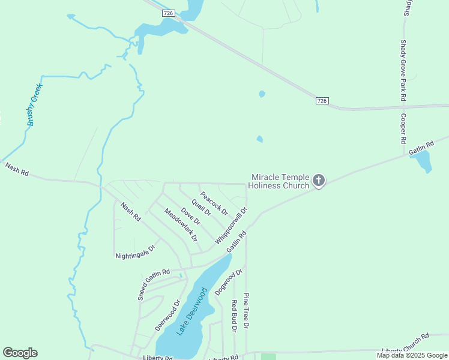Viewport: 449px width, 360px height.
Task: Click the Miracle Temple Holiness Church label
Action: [280, 181]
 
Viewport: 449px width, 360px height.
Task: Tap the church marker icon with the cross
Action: [319, 180]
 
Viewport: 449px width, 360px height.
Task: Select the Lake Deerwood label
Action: [192, 311]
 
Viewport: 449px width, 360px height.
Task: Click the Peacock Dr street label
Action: [214, 203]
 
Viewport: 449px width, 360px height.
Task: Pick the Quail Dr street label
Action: [202, 207]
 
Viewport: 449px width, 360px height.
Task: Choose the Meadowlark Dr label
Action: [181, 224]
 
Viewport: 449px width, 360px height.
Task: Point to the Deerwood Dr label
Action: [167, 316]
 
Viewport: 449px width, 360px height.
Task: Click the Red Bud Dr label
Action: [234, 314]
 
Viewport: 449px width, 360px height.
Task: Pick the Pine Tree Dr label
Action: [246, 311]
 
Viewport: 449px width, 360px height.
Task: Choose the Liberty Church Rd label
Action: [406, 343]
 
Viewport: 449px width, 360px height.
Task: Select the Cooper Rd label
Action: [404, 128]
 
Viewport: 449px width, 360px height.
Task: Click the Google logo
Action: [20, 353]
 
